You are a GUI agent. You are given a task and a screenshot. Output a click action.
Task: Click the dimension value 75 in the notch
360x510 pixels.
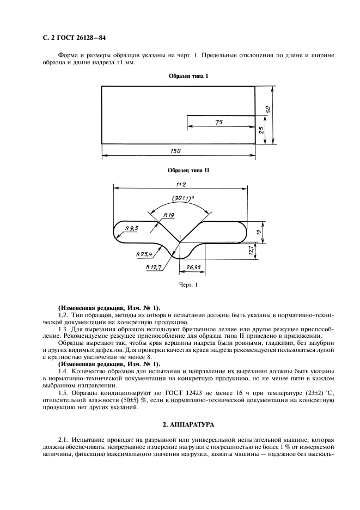tap(218, 123)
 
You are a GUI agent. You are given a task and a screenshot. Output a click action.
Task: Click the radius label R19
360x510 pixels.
tap(168, 216)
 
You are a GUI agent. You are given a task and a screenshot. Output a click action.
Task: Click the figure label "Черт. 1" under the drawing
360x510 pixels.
tap(187, 284)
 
